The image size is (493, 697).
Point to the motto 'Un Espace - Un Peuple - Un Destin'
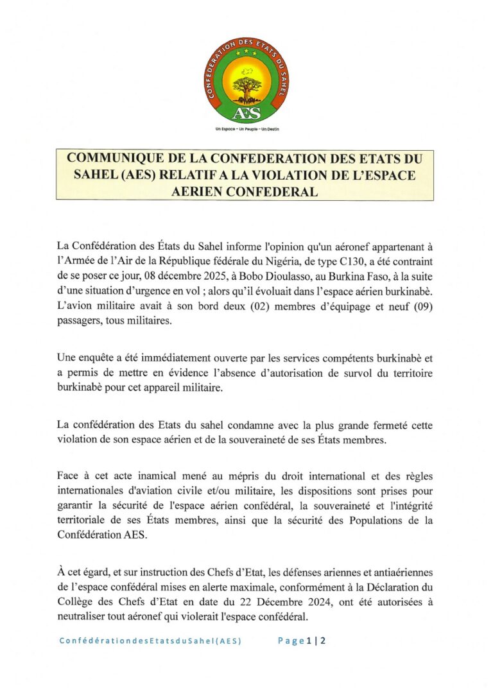pos(246,129)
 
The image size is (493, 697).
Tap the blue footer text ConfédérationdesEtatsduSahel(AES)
pos(150,641)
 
